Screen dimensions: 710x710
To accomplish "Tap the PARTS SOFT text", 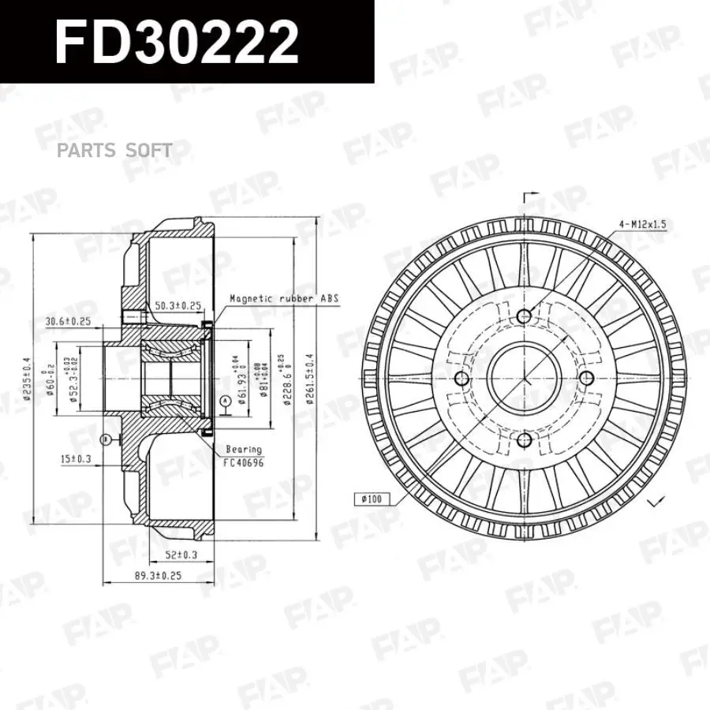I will pyautogui.click(x=114, y=150).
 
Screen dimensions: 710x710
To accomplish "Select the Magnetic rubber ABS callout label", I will pyautogui.click(x=283, y=299).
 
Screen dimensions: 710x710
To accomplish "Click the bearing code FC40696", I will pyautogui.click(x=242, y=461).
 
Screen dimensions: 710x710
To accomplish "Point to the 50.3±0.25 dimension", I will pyautogui.click(x=177, y=305).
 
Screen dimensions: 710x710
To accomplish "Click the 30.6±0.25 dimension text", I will pyautogui.click(x=69, y=321).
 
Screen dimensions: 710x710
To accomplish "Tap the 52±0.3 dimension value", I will pyautogui.click(x=182, y=555).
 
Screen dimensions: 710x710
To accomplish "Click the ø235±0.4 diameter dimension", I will pyautogui.click(x=28, y=377).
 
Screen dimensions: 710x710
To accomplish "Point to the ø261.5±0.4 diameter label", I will pyautogui.click(x=312, y=378).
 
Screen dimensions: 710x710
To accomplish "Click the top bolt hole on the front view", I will pyautogui.click(x=524, y=317).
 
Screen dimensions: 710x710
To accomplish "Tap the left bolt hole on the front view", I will pyautogui.click(x=462, y=379).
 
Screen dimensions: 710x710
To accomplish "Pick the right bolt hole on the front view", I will pyautogui.click(x=586, y=379).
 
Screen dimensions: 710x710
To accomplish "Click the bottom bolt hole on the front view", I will pyautogui.click(x=524, y=440).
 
